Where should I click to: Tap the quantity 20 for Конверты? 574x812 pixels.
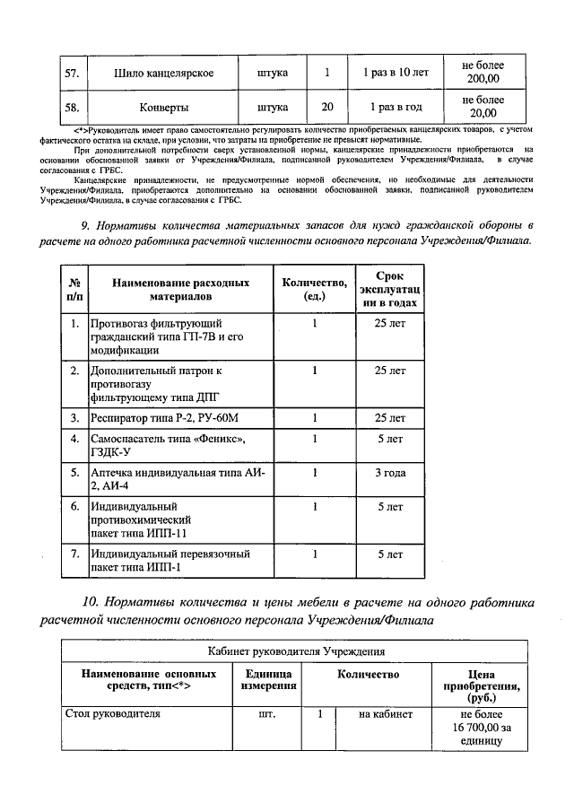327,107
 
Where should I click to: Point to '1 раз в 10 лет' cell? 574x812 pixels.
392,73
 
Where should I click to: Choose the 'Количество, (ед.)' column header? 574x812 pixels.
314,287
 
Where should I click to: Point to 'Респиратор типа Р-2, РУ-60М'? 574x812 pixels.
165,417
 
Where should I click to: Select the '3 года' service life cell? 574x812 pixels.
388,472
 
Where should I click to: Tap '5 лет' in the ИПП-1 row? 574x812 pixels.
388,554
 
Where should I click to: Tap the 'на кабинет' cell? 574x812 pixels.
385,715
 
